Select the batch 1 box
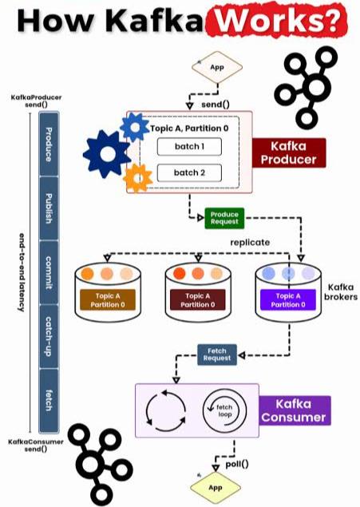pyautogui.click(x=189, y=146)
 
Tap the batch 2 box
pyautogui.click(x=189, y=172)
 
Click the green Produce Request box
pyautogui.click(x=224, y=218)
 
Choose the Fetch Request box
pyautogui.click(x=217, y=355)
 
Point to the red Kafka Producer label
pyautogui.click(x=289, y=153)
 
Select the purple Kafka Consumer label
pyautogui.click(x=295, y=410)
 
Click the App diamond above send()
pyautogui.click(x=217, y=67)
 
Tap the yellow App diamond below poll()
pyautogui.click(x=216, y=488)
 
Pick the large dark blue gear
pyautogui.click(x=106, y=154)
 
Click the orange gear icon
pyautogui.click(x=138, y=178)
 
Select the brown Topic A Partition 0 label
pyautogui.click(x=108, y=300)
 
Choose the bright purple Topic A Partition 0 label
pyautogui.click(x=288, y=300)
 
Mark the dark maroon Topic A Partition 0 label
pyautogui.click(x=197, y=300)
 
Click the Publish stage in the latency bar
pyautogui.click(x=49, y=208)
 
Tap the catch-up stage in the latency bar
pyautogui.click(x=49, y=336)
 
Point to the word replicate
pyautogui.click(x=250, y=243)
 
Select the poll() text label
pyautogui.click(x=237, y=465)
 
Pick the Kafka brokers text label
pyautogui.click(x=341, y=292)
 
